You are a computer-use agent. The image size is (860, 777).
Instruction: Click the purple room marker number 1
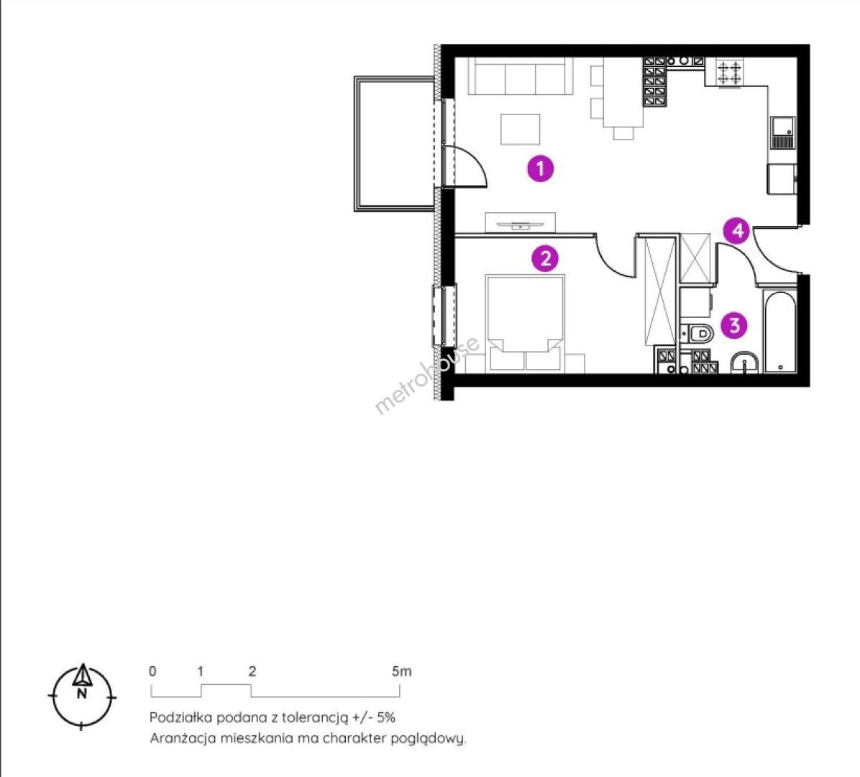click(540, 168)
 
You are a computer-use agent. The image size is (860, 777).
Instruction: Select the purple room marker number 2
click(545, 258)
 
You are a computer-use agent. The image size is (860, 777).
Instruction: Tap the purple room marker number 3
click(734, 325)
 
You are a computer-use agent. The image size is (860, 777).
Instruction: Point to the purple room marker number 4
click(737, 230)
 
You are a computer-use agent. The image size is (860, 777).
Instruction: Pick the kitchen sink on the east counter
click(782, 132)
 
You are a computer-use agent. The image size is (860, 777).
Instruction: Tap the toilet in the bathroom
click(697, 332)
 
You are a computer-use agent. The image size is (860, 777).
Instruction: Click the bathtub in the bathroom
click(780, 332)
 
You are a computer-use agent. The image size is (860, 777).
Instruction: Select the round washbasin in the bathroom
click(745, 363)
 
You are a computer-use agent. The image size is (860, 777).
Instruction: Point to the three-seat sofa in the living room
click(520, 76)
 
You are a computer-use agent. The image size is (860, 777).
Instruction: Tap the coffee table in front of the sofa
click(520, 129)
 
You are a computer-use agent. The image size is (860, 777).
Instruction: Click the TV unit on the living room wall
click(520, 223)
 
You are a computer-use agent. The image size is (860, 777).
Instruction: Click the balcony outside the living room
click(395, 144)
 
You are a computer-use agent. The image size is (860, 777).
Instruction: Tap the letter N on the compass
click(82, 694)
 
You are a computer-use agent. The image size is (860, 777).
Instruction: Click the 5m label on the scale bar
click(401, 671)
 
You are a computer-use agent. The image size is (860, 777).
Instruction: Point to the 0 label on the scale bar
click(152, 671)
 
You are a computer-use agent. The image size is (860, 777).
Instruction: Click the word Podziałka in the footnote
click(180, 717)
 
